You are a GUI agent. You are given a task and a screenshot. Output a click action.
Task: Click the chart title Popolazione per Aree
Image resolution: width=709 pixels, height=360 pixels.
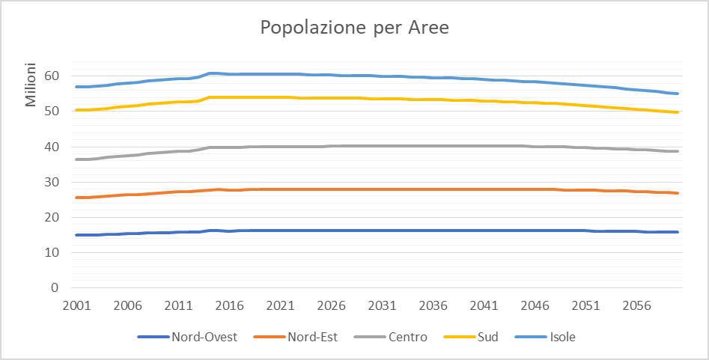pos(354,28)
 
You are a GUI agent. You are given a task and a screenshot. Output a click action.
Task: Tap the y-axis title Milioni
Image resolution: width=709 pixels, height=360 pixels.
pos(31,85)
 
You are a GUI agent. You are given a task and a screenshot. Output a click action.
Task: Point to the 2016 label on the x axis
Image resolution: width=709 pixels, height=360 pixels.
pos(229,306)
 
